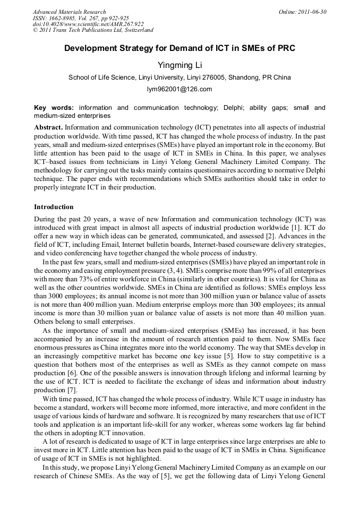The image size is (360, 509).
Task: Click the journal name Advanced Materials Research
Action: click(69, 12)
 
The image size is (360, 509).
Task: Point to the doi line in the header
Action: click(88, 24)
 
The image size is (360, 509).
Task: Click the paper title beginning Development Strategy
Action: click(179, 48)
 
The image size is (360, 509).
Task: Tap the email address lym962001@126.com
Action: click(179, 89)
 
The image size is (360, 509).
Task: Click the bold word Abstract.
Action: click(48, 128)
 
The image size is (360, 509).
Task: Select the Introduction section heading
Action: click(54, 206)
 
